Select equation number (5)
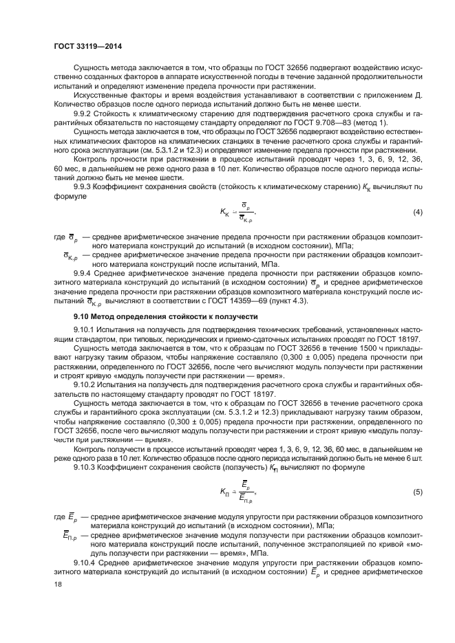coord(417,492)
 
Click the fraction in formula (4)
coord(244,213)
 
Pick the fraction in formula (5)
coord(244,493)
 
